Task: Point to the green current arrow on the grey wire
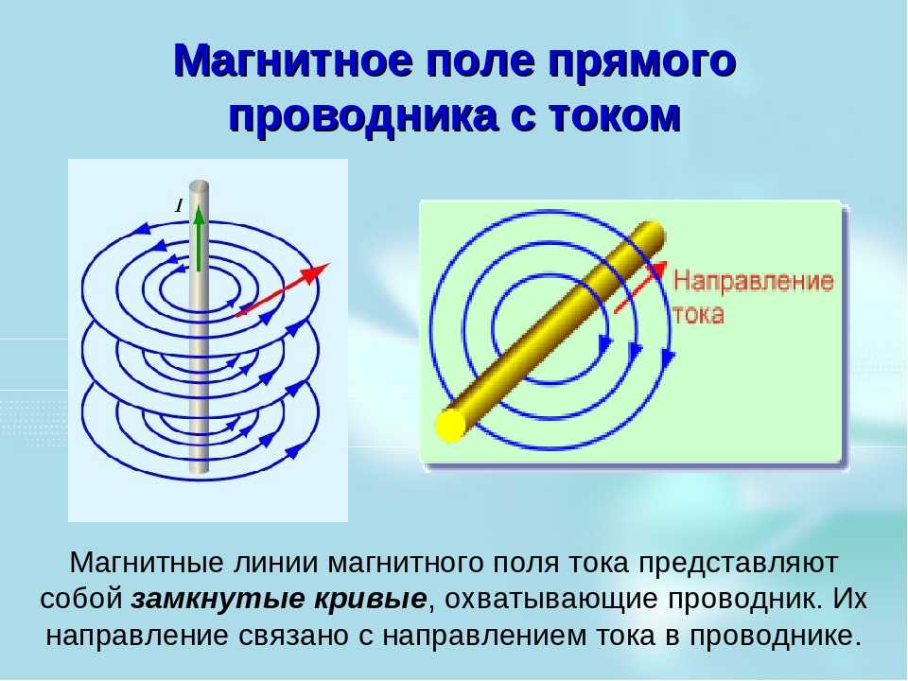[199, 237]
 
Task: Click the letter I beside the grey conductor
[180, 205]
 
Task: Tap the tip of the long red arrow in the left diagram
[329, 264]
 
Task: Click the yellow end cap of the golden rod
[450, 427]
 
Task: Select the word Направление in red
[754, 282]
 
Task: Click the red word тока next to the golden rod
[698, 314]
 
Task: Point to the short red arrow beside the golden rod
[639, 288]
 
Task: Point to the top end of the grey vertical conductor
[199, 185]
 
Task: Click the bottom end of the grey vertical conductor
[199, 474]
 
